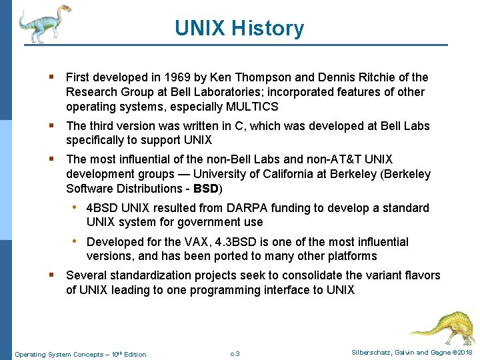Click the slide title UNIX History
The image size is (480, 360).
coord(239,28)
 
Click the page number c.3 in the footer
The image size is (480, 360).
coord(234,353)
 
